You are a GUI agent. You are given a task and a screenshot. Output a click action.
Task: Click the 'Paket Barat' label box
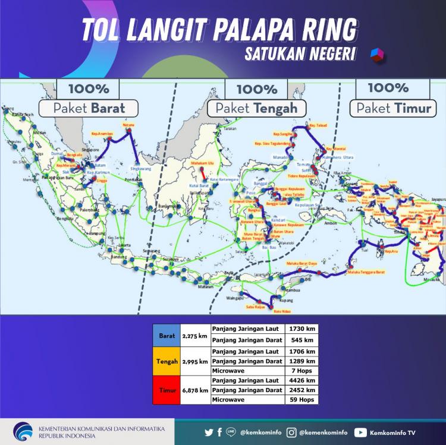pyautogui.click(x=89, y=108)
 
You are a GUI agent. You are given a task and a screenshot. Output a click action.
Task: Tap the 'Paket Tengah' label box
pyautogui.click(x=256, y=108)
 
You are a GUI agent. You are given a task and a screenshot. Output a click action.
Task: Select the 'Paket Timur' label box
pyautogui.click(x=393, y=108)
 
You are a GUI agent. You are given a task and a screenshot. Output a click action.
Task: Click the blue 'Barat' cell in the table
pyautogui.click(x=166, y=335)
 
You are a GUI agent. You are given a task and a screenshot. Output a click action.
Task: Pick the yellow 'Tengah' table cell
pyautogui.click(x=167, y=361)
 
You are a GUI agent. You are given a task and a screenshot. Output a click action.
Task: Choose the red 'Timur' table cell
pyautogui.click(x=167, y=390)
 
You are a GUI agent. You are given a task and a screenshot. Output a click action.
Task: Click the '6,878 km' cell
pyautogui.click(x=195, y=390)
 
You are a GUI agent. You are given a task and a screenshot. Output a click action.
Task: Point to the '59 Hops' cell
pyautogui.click(x=301, y=400)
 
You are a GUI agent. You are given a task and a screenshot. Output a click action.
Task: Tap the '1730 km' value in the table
pyautogui.click(x=301, y=329)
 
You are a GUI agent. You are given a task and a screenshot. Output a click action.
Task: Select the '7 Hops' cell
pyautogui.click(x=301, y=371)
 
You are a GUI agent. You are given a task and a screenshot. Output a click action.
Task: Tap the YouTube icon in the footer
pyautogui.click(x=360, y=433)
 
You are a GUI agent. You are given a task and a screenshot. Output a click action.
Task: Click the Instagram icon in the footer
pyautogui.click(x=292, y=433)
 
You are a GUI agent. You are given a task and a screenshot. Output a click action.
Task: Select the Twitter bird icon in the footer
pyautogui.click(x=209, y=433)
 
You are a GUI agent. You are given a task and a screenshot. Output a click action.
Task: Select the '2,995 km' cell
pyautogui.click(x=195, y=361)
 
